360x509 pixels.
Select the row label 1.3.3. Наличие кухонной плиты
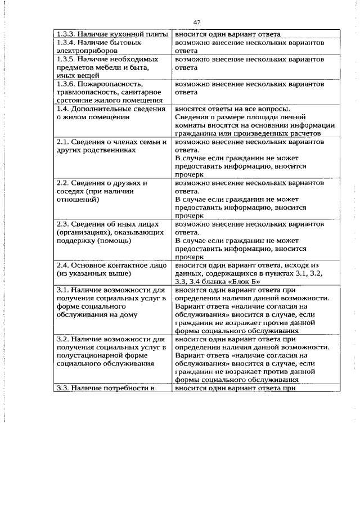[111, 34]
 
